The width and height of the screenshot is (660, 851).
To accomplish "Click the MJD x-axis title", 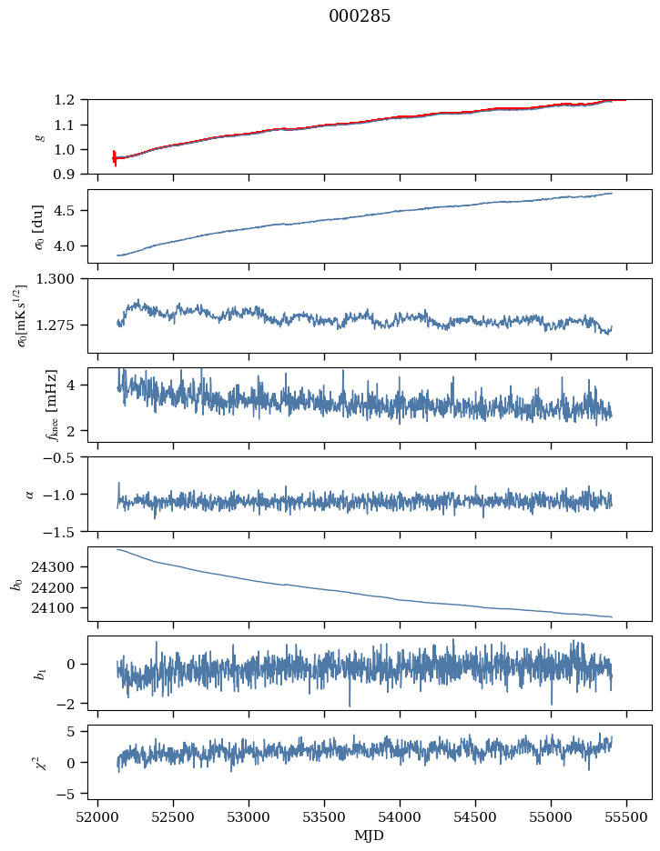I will [x=370, y=836].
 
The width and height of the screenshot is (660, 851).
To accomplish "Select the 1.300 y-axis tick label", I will [x=63, y=279].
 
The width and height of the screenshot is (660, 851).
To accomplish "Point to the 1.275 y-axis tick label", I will [x=63, y=325].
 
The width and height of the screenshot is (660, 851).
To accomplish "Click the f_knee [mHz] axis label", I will [x=51, y=405].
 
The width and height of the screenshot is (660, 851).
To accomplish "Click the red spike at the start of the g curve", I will [x=115, y=157].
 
